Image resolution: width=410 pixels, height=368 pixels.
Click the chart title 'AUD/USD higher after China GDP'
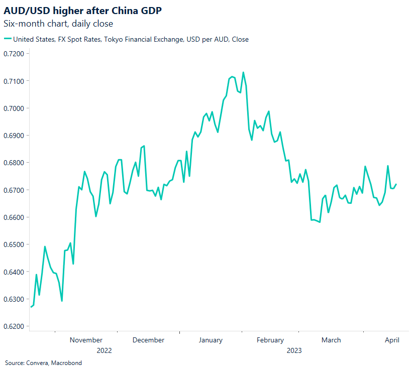(x=82, y=10)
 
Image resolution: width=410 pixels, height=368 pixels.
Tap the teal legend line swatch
(x=7, y=39)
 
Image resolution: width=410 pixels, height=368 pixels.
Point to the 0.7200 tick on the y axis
(x=17, y=54)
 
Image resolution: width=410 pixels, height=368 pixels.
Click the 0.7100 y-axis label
(x=17, y=81)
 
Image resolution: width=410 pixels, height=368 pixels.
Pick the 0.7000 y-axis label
(x=17, y=108)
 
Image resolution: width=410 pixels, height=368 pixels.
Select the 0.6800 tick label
(x=17, y=163)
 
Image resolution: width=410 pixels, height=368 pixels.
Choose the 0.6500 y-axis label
(x=17, y=244)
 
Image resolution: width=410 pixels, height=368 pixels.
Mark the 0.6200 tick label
(x=17, y=326)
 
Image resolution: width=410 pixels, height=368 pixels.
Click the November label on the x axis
(x=86, y=340)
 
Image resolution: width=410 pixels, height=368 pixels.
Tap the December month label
(x=148, y=340)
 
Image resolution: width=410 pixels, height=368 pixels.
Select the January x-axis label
(x=211, y=340)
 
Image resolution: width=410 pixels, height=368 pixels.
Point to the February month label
(x=270, y=340)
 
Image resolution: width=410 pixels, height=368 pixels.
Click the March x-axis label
(x=331, y=340)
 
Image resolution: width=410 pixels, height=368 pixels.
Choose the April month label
(x=392, y=340)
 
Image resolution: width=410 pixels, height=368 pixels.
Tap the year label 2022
(x=104, y=350)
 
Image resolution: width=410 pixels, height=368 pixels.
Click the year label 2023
(x=294, y=350)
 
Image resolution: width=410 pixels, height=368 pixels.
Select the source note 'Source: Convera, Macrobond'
(x=43, y=362)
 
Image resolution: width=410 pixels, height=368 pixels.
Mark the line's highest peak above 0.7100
(x=243, y=72)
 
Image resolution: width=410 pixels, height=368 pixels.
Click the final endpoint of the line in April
(x=396, y=184)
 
